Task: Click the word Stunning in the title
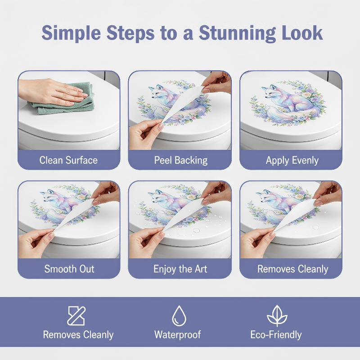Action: (237, 33)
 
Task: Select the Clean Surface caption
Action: (68, 160)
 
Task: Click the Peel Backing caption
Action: (181, 160)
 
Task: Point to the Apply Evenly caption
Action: (292, 160)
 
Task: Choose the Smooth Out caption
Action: (69, 269)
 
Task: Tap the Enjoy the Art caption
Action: (180, 269)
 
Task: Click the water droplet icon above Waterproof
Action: (179, 315)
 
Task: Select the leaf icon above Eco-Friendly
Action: (277, 315)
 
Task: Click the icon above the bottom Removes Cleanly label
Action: (76, 315)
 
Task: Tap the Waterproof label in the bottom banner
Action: (178, 334)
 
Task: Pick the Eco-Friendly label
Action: (276, 334)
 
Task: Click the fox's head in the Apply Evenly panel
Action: (270, 91)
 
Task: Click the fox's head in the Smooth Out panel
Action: (49, 196)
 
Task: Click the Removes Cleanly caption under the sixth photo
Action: (292, 269)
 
